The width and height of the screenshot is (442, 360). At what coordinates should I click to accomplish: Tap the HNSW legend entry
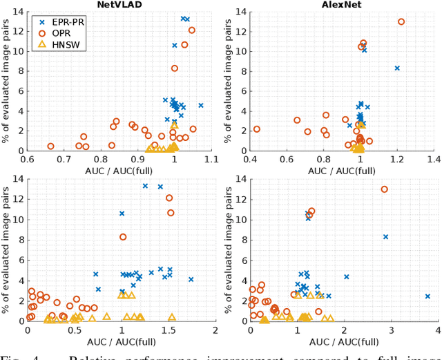coord(66,44)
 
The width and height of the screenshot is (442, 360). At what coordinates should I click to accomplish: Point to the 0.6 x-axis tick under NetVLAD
coord(27,159)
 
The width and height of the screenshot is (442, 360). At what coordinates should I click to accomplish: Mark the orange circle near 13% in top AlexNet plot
coord(401,21)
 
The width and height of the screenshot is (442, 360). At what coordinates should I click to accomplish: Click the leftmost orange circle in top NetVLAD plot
coord(50,146)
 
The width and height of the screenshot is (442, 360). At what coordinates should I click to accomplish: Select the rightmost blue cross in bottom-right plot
coord(427,296)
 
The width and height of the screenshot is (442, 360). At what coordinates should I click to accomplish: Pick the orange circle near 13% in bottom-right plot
coord(385,189)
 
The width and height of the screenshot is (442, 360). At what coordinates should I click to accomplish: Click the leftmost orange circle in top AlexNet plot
coord(257,129)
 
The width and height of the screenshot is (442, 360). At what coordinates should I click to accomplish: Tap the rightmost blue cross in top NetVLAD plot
coord(201,106)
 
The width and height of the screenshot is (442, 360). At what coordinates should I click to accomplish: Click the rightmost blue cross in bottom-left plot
coord(191,279)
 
